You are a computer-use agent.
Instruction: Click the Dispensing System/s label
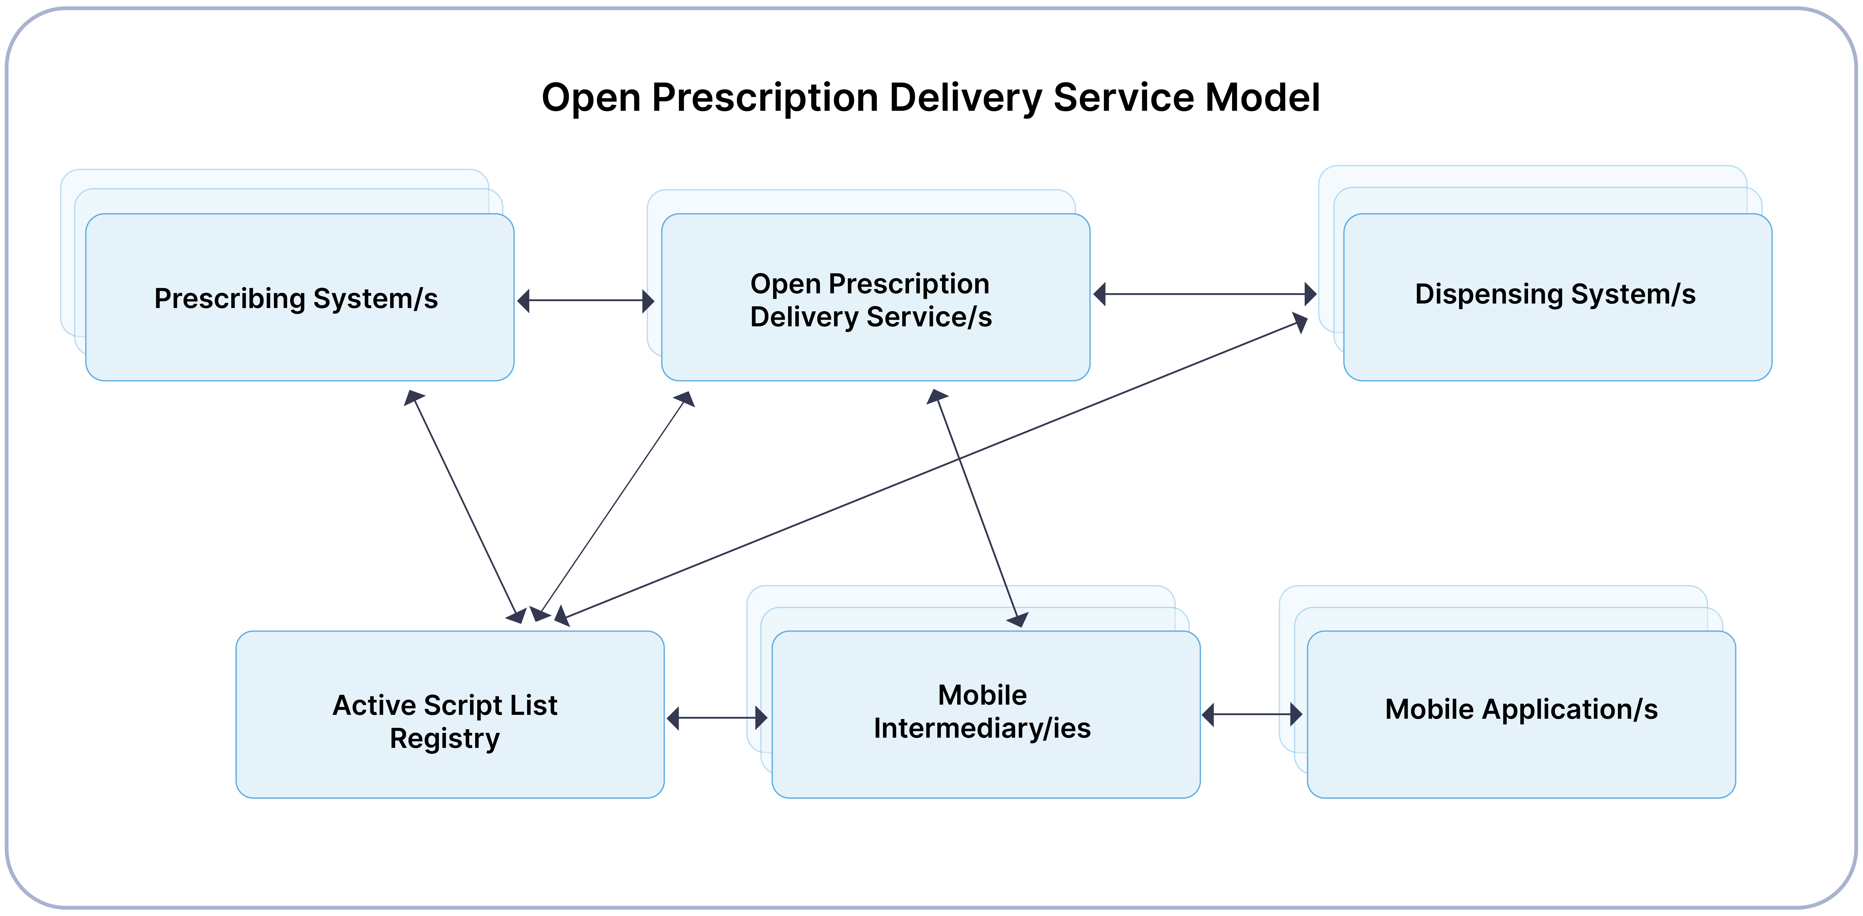[x=1555, y=294]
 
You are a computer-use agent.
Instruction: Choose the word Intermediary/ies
[x=982, y=728]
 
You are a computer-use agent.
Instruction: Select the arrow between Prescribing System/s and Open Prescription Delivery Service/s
[x=586, y=301]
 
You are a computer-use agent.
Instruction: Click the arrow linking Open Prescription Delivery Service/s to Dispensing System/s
[x=1205, y=294]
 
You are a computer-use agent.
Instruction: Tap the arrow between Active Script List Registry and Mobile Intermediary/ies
[x=717, y=718]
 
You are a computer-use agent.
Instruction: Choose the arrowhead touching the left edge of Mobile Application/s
[x=1296, y=714]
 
